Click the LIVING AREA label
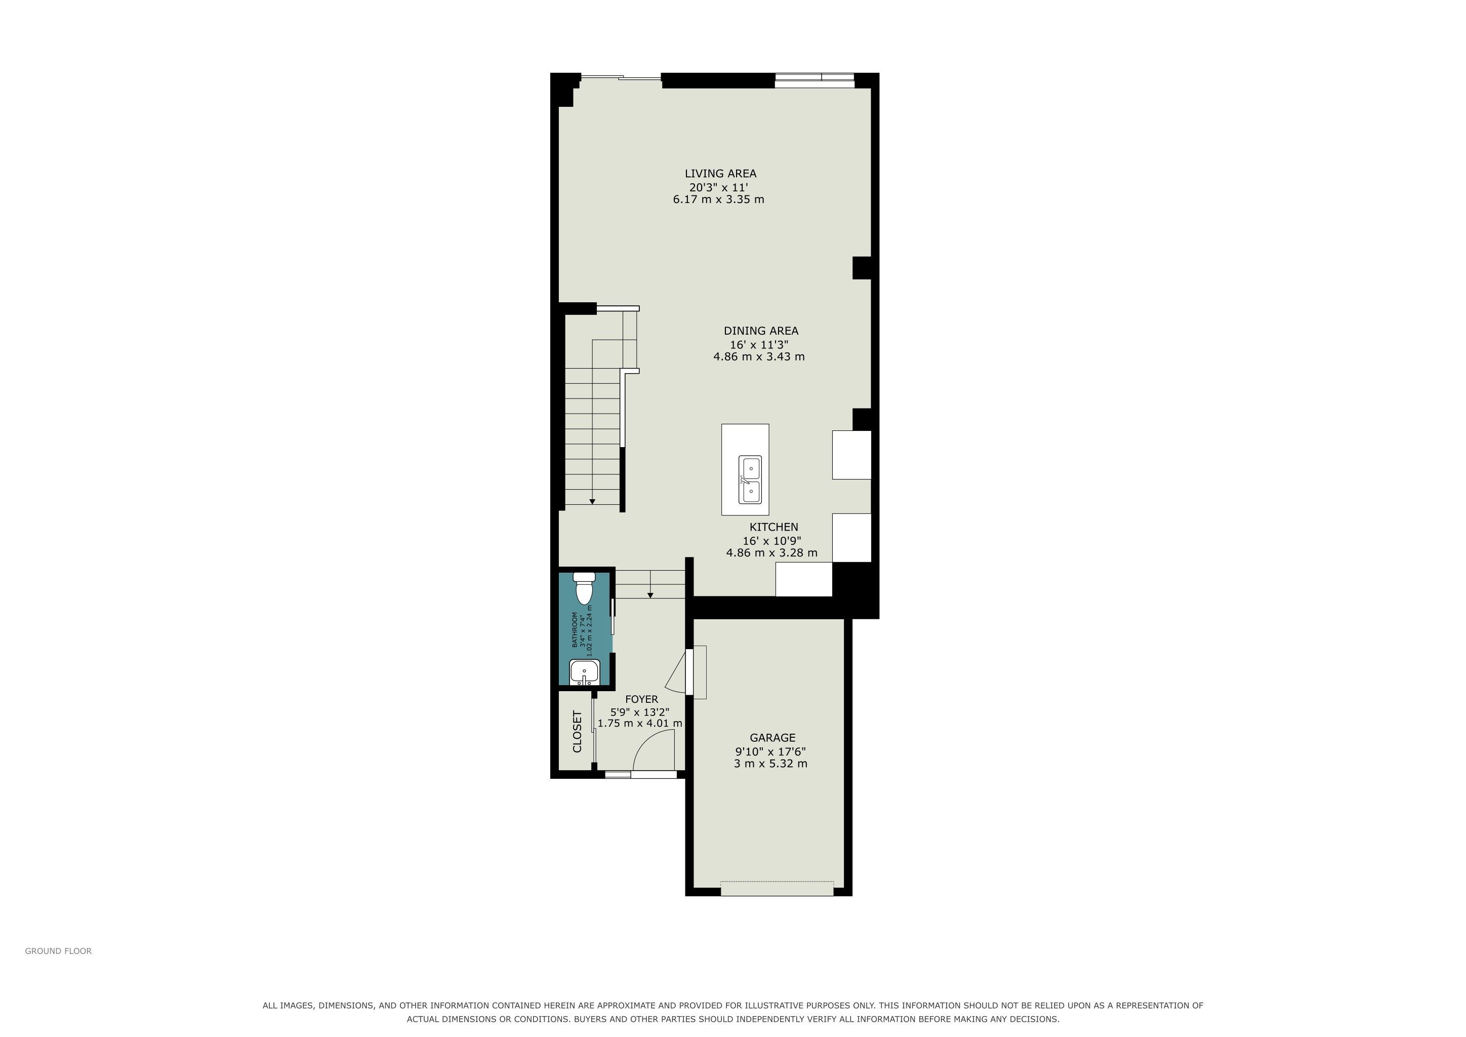pyautogui.click(x=720, y=174)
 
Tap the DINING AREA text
pyautogui.click(x=760, y=331)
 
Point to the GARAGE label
pyautogui.click(x=772, y=738)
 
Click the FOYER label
pyautogui.click(x=641, y=699)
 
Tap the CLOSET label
pyautogui.click(x=577, y=732)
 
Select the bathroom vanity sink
pyautogui.click(x=584, y=673)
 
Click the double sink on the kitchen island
pyautogui.click(x=750, y=480)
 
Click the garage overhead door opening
pyautogui.click(x=777, y=888)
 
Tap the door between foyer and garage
pyautogui.click(x=688, y=672)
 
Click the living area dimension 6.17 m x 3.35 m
pyautogui.click(x=718, y=199)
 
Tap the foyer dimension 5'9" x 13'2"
pyautogui.click(x=640, y=712)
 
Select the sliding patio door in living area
pyautogui.click(x=621, y=78)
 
